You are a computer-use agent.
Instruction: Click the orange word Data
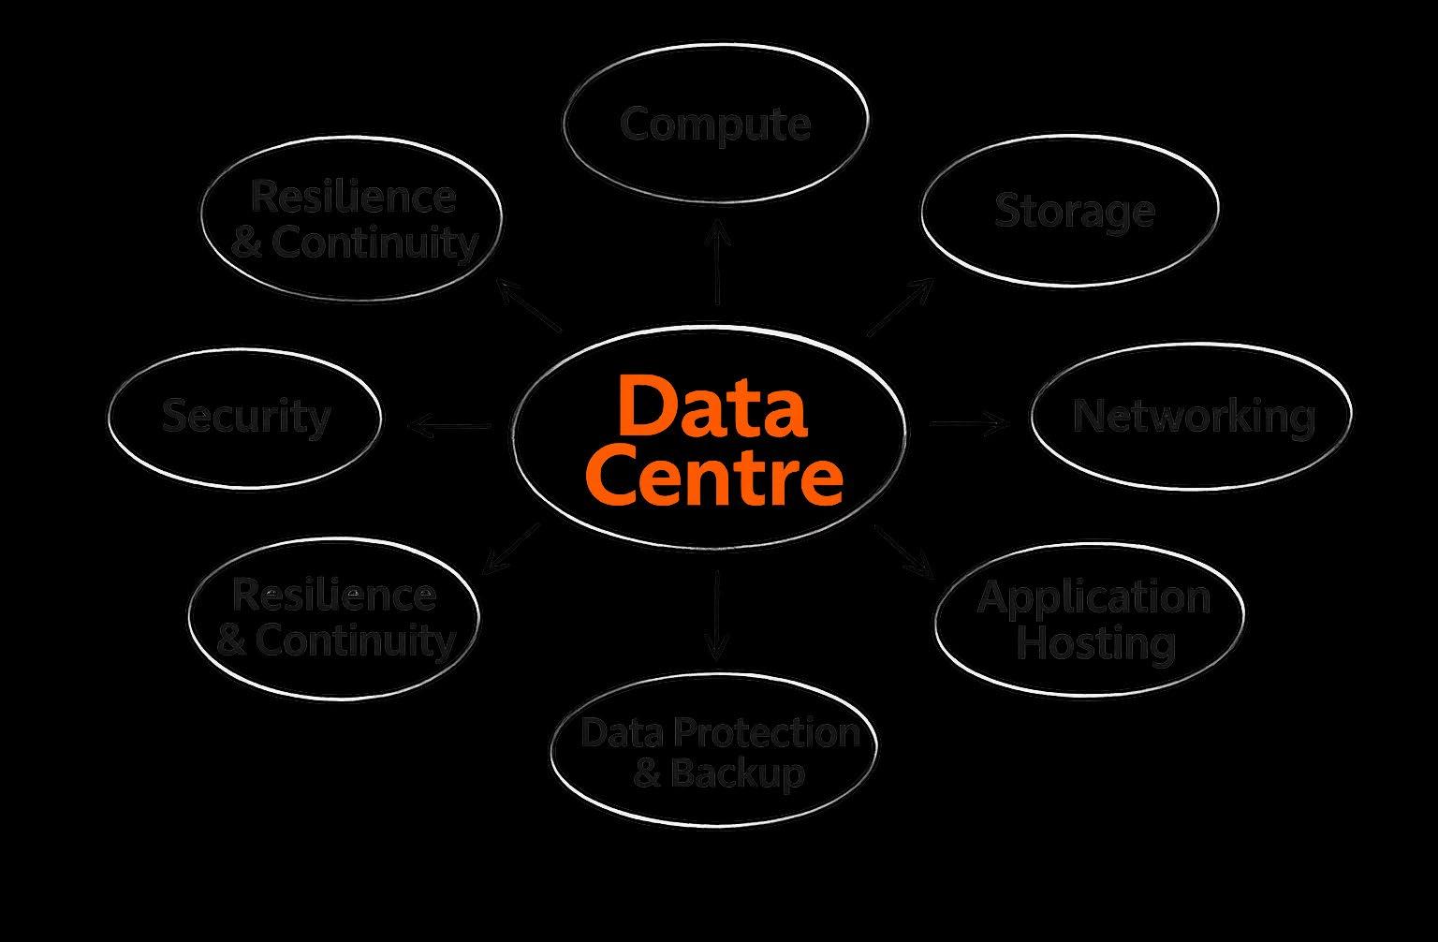point(712,407)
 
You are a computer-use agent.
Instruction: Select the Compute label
point(715,124)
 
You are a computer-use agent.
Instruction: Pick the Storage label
point(1074,210)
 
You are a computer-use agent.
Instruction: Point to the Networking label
point(1194,416)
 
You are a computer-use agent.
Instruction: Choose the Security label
point(246,416)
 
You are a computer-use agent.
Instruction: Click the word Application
point(1093,596)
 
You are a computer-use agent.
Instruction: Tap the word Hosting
point(1095,642)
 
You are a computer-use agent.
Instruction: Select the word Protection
point(759,731)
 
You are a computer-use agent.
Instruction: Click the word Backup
point(737,773)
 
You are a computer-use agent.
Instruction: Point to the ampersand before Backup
point(648,774)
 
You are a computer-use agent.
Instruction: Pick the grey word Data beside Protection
point(615,731)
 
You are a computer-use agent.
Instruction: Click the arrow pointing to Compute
point(717,262)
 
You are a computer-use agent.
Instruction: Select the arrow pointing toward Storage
point(900,307)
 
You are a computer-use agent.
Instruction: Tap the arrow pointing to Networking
point(970,423)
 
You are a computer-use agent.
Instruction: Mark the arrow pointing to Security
point(449,427)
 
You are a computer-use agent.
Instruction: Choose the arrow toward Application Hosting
point(904,552)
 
